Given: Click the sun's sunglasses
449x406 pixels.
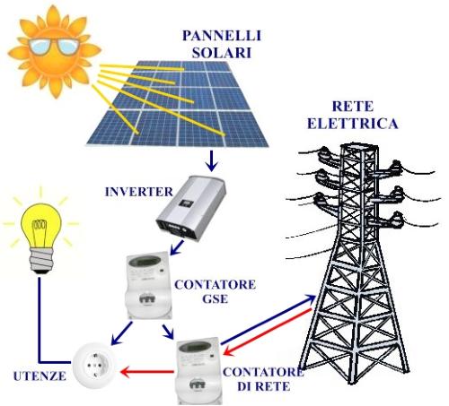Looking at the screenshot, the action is [54, 46].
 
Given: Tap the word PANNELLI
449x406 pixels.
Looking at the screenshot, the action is [222, 36].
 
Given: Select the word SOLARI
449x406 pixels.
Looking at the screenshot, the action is [222, 53].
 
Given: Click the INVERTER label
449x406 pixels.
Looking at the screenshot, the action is [139, 192].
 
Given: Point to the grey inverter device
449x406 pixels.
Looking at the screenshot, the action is [191, 208].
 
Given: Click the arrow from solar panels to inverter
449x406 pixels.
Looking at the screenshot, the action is [212, 160].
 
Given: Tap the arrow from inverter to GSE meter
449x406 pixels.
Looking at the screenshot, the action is [177, 247].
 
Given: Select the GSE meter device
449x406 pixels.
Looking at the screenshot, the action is [148, 285].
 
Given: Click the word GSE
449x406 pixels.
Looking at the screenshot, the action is [216, 298].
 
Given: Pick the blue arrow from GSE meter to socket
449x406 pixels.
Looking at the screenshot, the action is [121, 333].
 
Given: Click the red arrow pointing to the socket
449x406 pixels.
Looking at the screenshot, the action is [147, 372].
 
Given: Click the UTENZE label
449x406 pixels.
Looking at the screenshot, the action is [40, 376].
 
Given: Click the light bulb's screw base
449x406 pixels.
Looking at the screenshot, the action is [41, 261].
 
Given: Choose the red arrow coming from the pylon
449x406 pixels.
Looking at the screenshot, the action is [269, 332].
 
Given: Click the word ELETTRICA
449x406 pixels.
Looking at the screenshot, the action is [353, 124].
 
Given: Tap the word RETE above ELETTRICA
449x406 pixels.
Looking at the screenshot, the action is [353, 107].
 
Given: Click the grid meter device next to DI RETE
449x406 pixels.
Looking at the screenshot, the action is [198, 370].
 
